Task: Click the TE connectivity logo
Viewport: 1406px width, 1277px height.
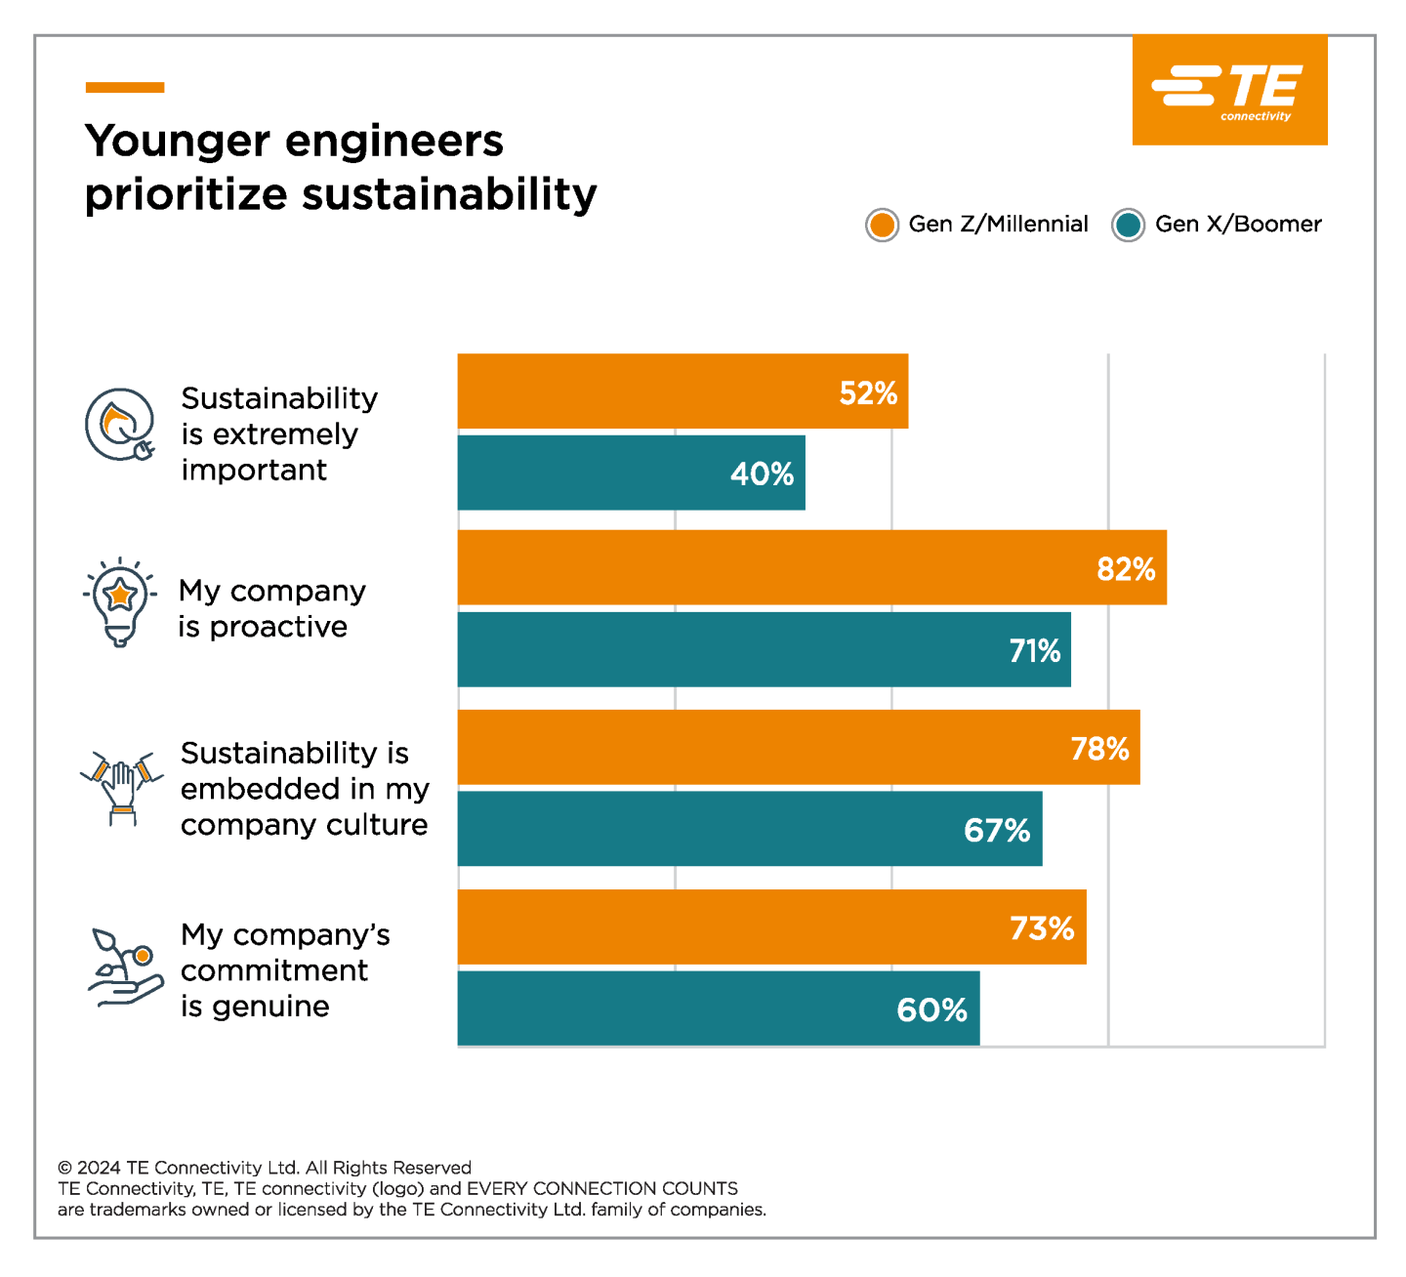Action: pyautogui.click(x=1229, y=91)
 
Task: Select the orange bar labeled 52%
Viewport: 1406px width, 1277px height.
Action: pyautogui.click(x=682, y=391)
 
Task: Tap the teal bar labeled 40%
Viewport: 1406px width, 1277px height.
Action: pyautogui.click(x=631, y=474)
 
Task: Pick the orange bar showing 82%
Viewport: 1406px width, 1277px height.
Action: pyautogui.click(x=811, y=568)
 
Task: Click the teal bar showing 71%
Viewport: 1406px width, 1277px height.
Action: pyautogui.click(x=764, y=650)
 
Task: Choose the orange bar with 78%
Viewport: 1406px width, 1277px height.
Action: pyautogui.click(x=799, y=748)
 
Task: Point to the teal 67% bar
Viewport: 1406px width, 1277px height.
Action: pyautogui.click(x=750, y=829)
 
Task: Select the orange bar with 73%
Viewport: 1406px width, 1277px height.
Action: pyautogui.click(x=771, y=927)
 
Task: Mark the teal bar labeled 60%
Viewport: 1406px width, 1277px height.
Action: pyautogui.click(x=719, y=1009)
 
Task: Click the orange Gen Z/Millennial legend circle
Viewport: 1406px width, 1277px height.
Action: pyautogui.click(x=882, y=226)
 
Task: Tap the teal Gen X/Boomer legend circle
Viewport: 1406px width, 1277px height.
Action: pyautogui.click(x=1128, y=226)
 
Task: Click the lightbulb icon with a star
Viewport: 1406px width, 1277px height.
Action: pyautogui.click(x=119, y=601)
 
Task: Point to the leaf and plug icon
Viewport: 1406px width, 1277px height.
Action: pyautogui.click(x=120, y=425)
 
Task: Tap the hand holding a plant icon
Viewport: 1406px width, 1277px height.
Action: pyautogui.click(x=125, y=967)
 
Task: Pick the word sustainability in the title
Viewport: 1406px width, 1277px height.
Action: pyautogui.click(x=449, y=194)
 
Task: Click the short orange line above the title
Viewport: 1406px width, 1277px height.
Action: pyautogui.click(x=125, y=88)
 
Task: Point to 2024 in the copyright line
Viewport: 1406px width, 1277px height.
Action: pyautogui.click(x=99, y=1168)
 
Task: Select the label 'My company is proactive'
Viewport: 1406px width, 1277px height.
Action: pyautogui.click(x=271, y=608)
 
